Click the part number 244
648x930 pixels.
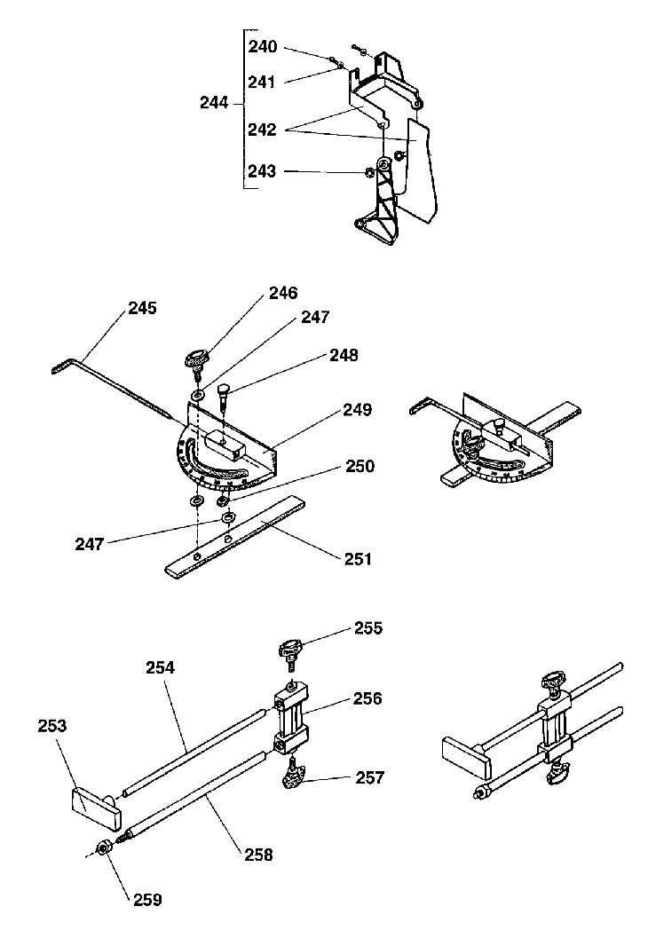pos(215,103)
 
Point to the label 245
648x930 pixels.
pos(142,309)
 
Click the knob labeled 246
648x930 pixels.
pos(194,359)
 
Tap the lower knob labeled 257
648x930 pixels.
pos(291,780)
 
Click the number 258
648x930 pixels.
pos(257,855)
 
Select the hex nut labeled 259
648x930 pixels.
pos(104,848)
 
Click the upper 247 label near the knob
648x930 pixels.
pos(315,316)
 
